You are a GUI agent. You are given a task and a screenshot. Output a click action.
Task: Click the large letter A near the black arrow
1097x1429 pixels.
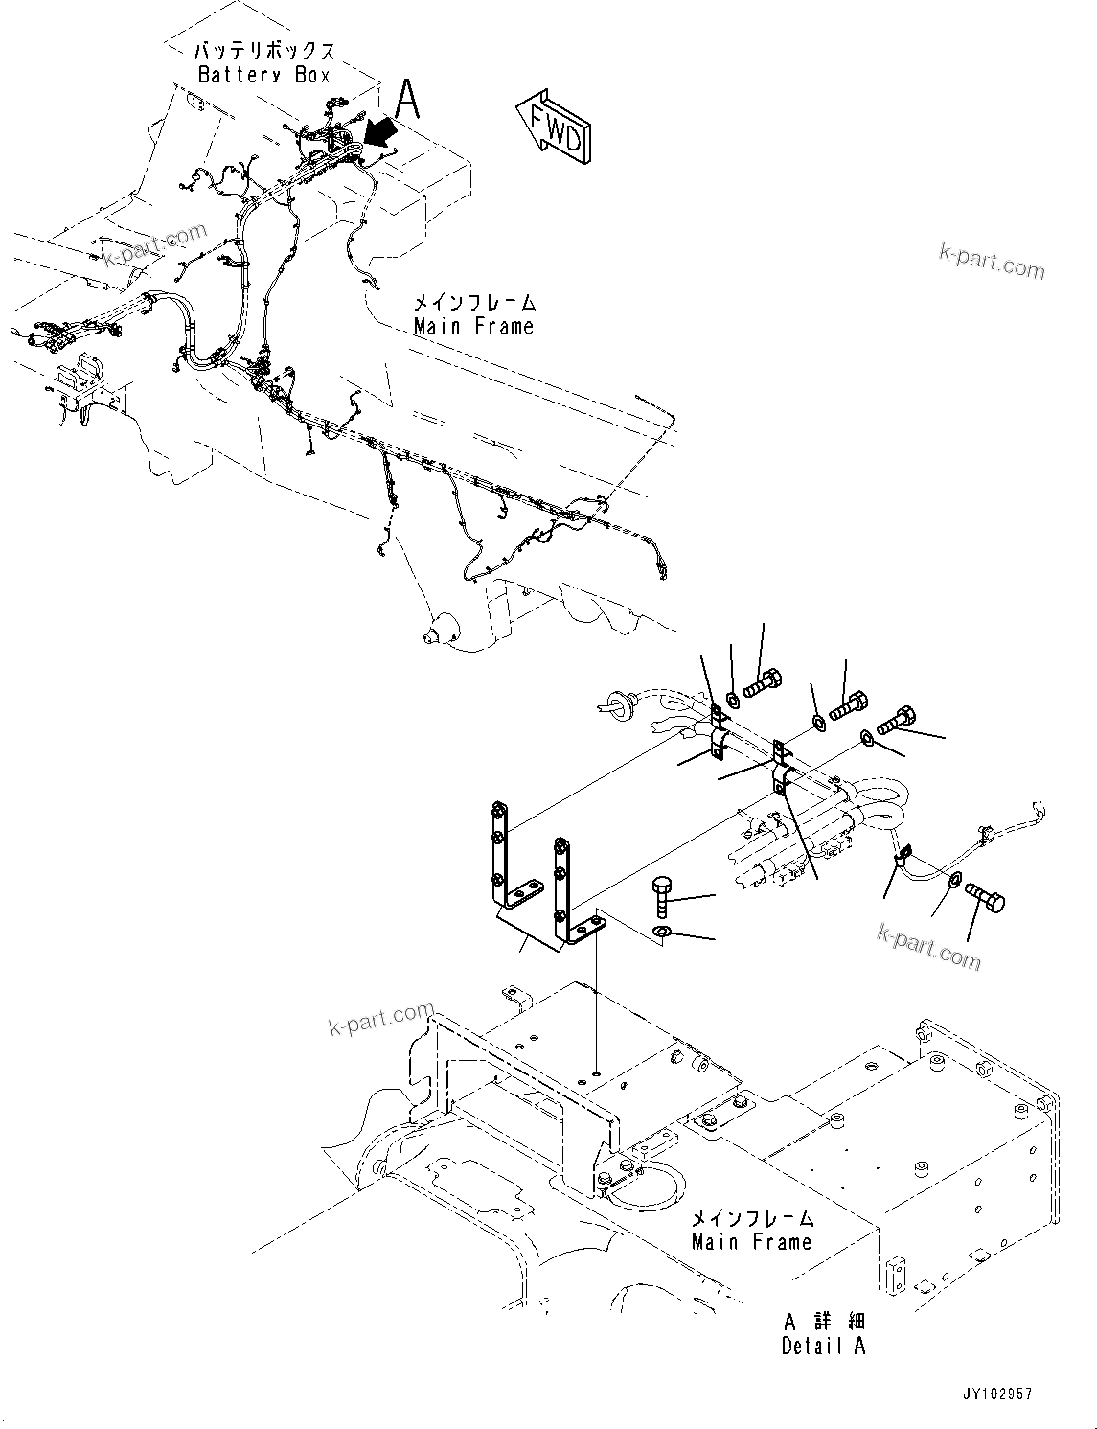click(x=408, y=99)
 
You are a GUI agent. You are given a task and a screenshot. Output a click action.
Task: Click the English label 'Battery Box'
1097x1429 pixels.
click(x=263, y=75)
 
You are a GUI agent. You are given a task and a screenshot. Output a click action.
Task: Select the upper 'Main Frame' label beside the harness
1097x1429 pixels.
click(x=473, y=327)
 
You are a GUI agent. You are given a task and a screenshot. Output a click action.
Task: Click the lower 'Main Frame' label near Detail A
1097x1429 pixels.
click(x=751, y=1242)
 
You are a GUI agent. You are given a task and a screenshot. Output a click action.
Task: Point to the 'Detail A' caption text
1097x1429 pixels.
click(x=823, y=1346)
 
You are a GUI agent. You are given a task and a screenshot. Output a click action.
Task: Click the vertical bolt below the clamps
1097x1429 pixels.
click(x=662, y=895)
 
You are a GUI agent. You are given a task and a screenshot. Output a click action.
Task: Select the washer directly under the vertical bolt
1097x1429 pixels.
click(x=661, y=933)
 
